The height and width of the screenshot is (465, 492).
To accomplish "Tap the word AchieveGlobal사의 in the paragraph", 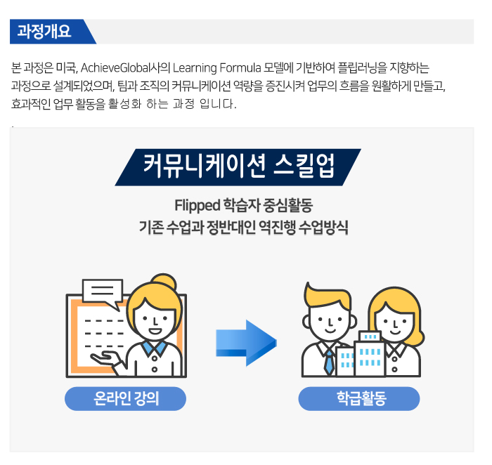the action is pos(125,67).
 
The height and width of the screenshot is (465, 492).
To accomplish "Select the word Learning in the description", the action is pos(195,68).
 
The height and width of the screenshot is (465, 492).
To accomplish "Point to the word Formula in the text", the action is pos(240,67).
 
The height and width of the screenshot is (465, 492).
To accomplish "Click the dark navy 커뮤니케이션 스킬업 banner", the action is pos(238,167).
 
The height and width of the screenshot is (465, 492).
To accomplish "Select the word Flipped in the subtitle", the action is pos(197,206).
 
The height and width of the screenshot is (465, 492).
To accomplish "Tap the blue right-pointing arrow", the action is pos(246,343).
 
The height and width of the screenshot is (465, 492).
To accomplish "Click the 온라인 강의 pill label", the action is pos(126,398).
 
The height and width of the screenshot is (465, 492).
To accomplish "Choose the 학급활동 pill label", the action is pos(359,398).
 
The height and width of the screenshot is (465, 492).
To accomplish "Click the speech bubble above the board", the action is pos(102,292).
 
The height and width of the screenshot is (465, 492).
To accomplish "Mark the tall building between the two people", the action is pos(369,354).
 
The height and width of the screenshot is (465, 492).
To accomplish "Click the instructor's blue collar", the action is pos(154,347).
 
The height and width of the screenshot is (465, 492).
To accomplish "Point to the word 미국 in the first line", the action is pos(67,67).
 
